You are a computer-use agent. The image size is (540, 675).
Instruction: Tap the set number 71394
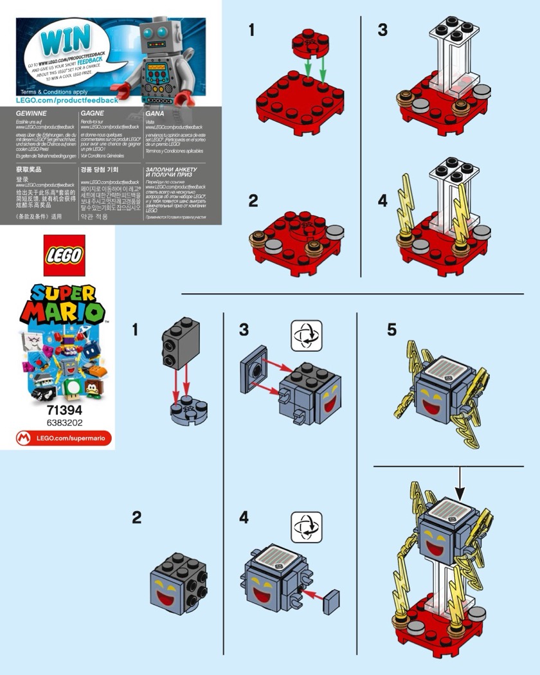click(64, 410)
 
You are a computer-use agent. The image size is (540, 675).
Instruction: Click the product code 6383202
click(64, 422)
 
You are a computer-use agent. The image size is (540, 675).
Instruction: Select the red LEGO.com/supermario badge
click(64, 438)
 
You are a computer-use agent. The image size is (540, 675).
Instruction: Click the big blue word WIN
click(64, 40)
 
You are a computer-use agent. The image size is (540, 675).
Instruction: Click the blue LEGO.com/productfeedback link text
click(58, 100)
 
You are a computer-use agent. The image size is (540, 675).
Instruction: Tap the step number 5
click(392, 330)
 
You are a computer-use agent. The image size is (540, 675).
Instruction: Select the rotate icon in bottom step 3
click(305, 335)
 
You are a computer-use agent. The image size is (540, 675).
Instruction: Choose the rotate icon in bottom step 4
click(305, 524)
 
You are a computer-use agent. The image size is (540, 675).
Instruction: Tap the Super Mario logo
click(63, 305)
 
